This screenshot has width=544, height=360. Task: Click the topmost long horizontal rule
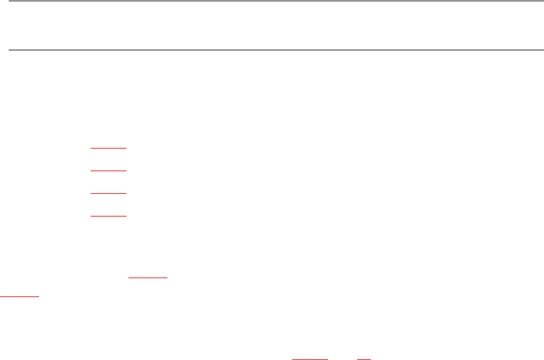point(272,1)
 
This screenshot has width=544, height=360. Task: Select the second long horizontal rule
point(272,49)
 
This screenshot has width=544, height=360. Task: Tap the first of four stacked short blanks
point(109,149)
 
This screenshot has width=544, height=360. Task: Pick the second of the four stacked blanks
point(109,171)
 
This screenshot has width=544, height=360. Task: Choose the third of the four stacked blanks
point(109,193)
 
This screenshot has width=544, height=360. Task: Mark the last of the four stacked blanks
point(109,216)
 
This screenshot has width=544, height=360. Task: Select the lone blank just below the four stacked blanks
point(149,276)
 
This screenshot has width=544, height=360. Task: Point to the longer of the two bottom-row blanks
point(310,359)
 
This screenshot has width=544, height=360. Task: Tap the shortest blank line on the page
point(364,359)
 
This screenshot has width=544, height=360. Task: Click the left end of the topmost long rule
point(8,1)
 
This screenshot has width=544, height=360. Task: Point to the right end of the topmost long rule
point(536,1)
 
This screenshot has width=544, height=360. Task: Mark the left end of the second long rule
point(8,49)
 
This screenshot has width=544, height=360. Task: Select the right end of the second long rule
point(536,49)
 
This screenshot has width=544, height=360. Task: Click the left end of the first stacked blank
point(91,149)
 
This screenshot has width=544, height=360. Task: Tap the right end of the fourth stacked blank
point(127,216)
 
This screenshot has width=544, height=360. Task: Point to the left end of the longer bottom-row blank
point(293,359)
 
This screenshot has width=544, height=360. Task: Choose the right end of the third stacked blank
point(127,193)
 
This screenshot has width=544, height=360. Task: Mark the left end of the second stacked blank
point(91,171)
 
